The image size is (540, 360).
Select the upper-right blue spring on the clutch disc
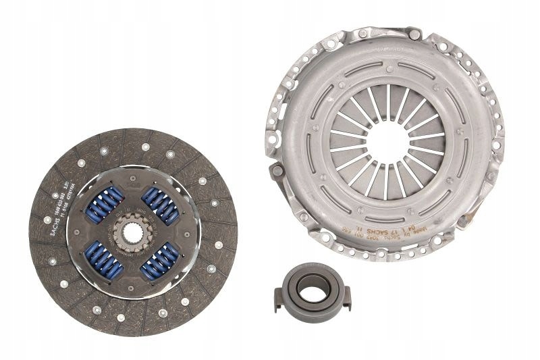pos(160,204)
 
